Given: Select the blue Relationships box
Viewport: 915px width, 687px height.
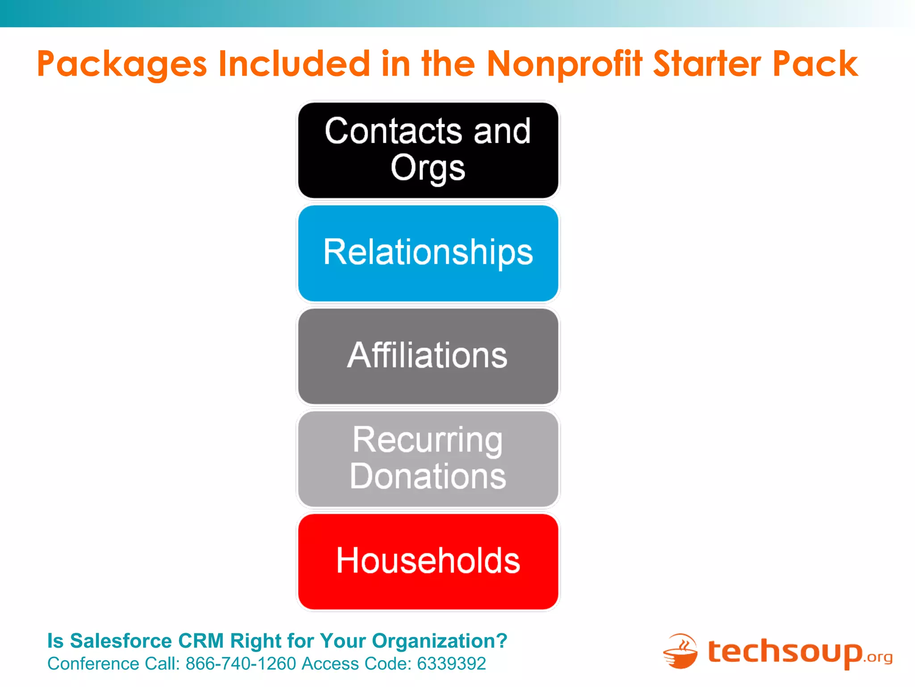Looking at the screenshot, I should (x=428, y=253).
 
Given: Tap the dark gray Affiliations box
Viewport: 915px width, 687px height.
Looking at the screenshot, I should (x=428, y=356).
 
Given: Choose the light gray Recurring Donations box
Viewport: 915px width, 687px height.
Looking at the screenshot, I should (x=428, y=459).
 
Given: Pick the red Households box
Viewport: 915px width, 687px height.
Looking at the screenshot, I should (x=428, y=562).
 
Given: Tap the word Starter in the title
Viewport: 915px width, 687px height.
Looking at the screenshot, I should (x=707, y=64).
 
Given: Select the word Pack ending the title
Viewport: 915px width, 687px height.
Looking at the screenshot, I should (x=815, y=64).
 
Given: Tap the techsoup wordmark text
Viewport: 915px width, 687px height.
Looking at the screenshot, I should (x=785, y=652).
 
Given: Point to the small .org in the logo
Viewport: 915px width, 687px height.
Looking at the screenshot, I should (x=878, y=657).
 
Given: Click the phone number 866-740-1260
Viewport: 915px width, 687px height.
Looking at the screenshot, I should (x=241, y=664).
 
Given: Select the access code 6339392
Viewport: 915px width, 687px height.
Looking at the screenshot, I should (x=451, y=664).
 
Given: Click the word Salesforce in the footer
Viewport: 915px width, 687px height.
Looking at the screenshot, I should (x=121, y=641).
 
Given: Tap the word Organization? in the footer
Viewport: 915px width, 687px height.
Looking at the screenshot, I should (x=440, y=641).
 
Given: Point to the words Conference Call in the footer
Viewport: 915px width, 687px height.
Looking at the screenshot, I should (x=113, y=664).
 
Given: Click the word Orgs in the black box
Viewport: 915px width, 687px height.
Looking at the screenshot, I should (x=428, y=168).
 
